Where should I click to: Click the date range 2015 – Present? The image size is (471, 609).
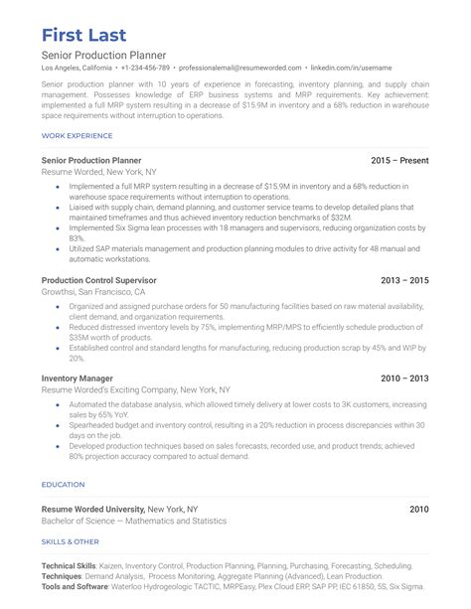pos(399,159)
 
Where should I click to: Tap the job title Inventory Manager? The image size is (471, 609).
pos(78,379)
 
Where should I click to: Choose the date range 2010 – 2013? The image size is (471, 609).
pos(404,379)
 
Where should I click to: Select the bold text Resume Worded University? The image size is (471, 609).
pos(92,509)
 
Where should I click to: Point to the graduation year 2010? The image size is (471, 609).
pos(419,509)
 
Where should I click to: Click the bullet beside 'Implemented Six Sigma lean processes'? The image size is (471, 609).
pos(60,228)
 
